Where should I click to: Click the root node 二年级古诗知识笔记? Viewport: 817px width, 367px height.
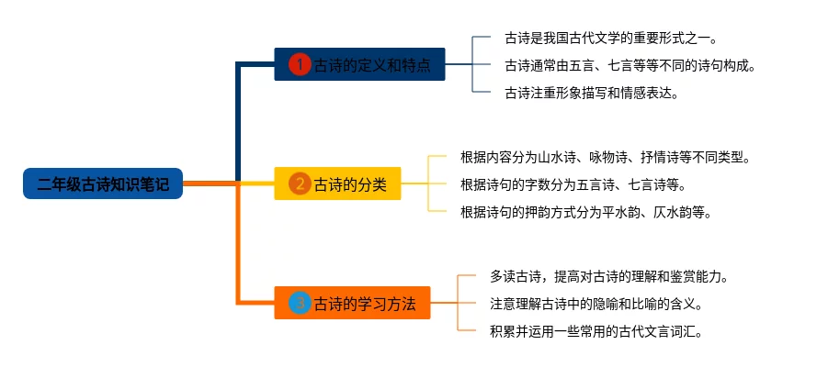pos(103,184)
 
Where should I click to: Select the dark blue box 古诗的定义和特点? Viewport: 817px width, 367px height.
pos(359,65)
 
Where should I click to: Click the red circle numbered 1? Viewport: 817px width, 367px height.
pos(300,65)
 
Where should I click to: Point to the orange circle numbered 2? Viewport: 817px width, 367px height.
pos(300,184)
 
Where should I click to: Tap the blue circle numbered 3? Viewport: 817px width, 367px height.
pos(300,303)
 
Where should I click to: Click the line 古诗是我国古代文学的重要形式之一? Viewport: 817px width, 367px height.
pos(610,39)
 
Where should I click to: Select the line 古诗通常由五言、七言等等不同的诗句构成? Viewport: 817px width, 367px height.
pos(630,65)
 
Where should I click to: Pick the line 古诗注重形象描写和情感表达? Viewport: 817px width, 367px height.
pos(591,92)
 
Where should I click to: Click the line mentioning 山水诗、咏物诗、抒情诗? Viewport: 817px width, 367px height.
pos(605,158)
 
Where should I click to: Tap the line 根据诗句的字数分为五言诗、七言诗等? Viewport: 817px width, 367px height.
pos(573,184)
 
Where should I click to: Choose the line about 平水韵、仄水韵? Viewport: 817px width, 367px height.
pos(585,211)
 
